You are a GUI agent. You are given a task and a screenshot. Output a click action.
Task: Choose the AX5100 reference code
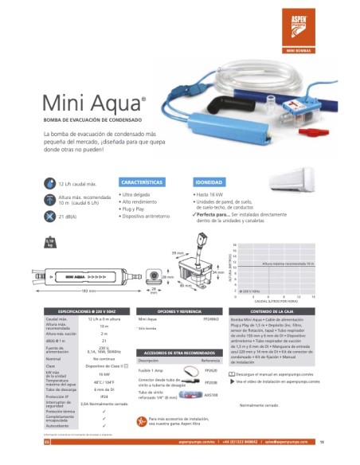(x=211, y=393)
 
